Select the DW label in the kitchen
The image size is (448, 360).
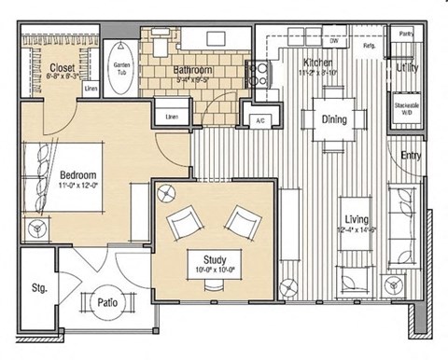[332, 41]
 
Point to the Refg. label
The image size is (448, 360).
[369, 46]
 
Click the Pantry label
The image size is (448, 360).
[406, 34]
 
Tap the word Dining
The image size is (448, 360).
[334, 120]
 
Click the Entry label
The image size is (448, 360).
[411, 156]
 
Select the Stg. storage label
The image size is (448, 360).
[39, 287]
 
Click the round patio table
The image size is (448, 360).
[106, 301]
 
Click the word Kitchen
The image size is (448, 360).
[316, 61]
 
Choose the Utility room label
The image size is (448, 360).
[407, 68]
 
